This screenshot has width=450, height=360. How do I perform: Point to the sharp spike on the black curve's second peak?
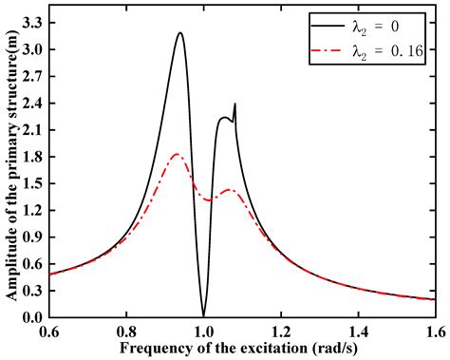point(234,104)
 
